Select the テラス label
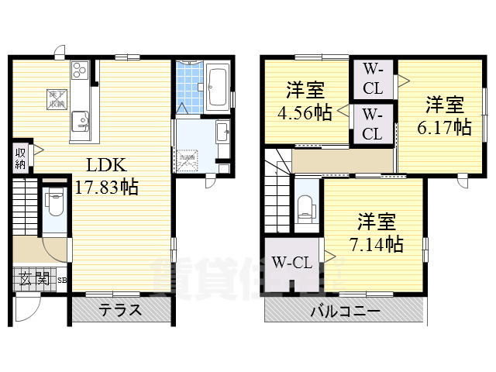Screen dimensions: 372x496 click(119, 311)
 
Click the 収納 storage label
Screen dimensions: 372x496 click(20, 157)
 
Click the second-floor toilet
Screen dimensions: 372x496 click(307, 207)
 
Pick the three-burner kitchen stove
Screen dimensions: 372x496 click(81, 72)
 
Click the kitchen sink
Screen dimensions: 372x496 click(81, 121)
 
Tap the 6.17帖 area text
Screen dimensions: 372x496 click(444, 126)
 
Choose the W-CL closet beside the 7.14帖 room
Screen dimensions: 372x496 click(291, 263)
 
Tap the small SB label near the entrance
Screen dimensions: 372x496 click(60, 280)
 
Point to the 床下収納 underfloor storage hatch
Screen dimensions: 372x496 click(57, 98)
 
